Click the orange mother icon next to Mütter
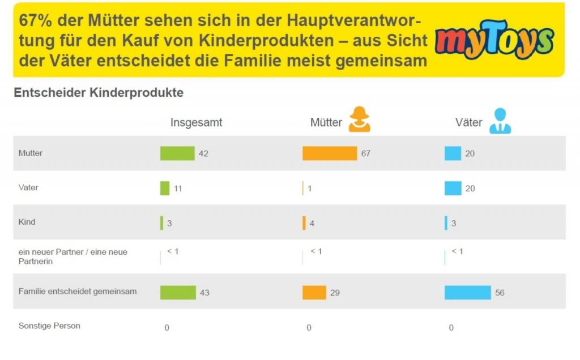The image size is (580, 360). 359,119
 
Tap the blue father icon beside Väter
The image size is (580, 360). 500,121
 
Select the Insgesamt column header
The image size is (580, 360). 196,123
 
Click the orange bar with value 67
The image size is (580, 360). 330,153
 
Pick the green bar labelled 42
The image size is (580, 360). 177,153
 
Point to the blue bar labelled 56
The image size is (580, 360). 467,293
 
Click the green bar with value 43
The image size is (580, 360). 178,293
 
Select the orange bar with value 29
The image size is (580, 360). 314,293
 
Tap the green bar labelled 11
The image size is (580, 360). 165,188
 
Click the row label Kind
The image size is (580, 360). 27,222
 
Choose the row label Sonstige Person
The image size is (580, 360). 49,326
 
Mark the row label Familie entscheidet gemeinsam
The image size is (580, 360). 78,292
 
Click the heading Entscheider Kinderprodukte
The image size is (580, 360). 99,93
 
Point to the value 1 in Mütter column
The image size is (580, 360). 310,189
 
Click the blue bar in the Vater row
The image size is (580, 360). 453,188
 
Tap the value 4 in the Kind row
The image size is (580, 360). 312,224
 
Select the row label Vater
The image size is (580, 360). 28,187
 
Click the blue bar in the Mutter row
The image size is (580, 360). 453,153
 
